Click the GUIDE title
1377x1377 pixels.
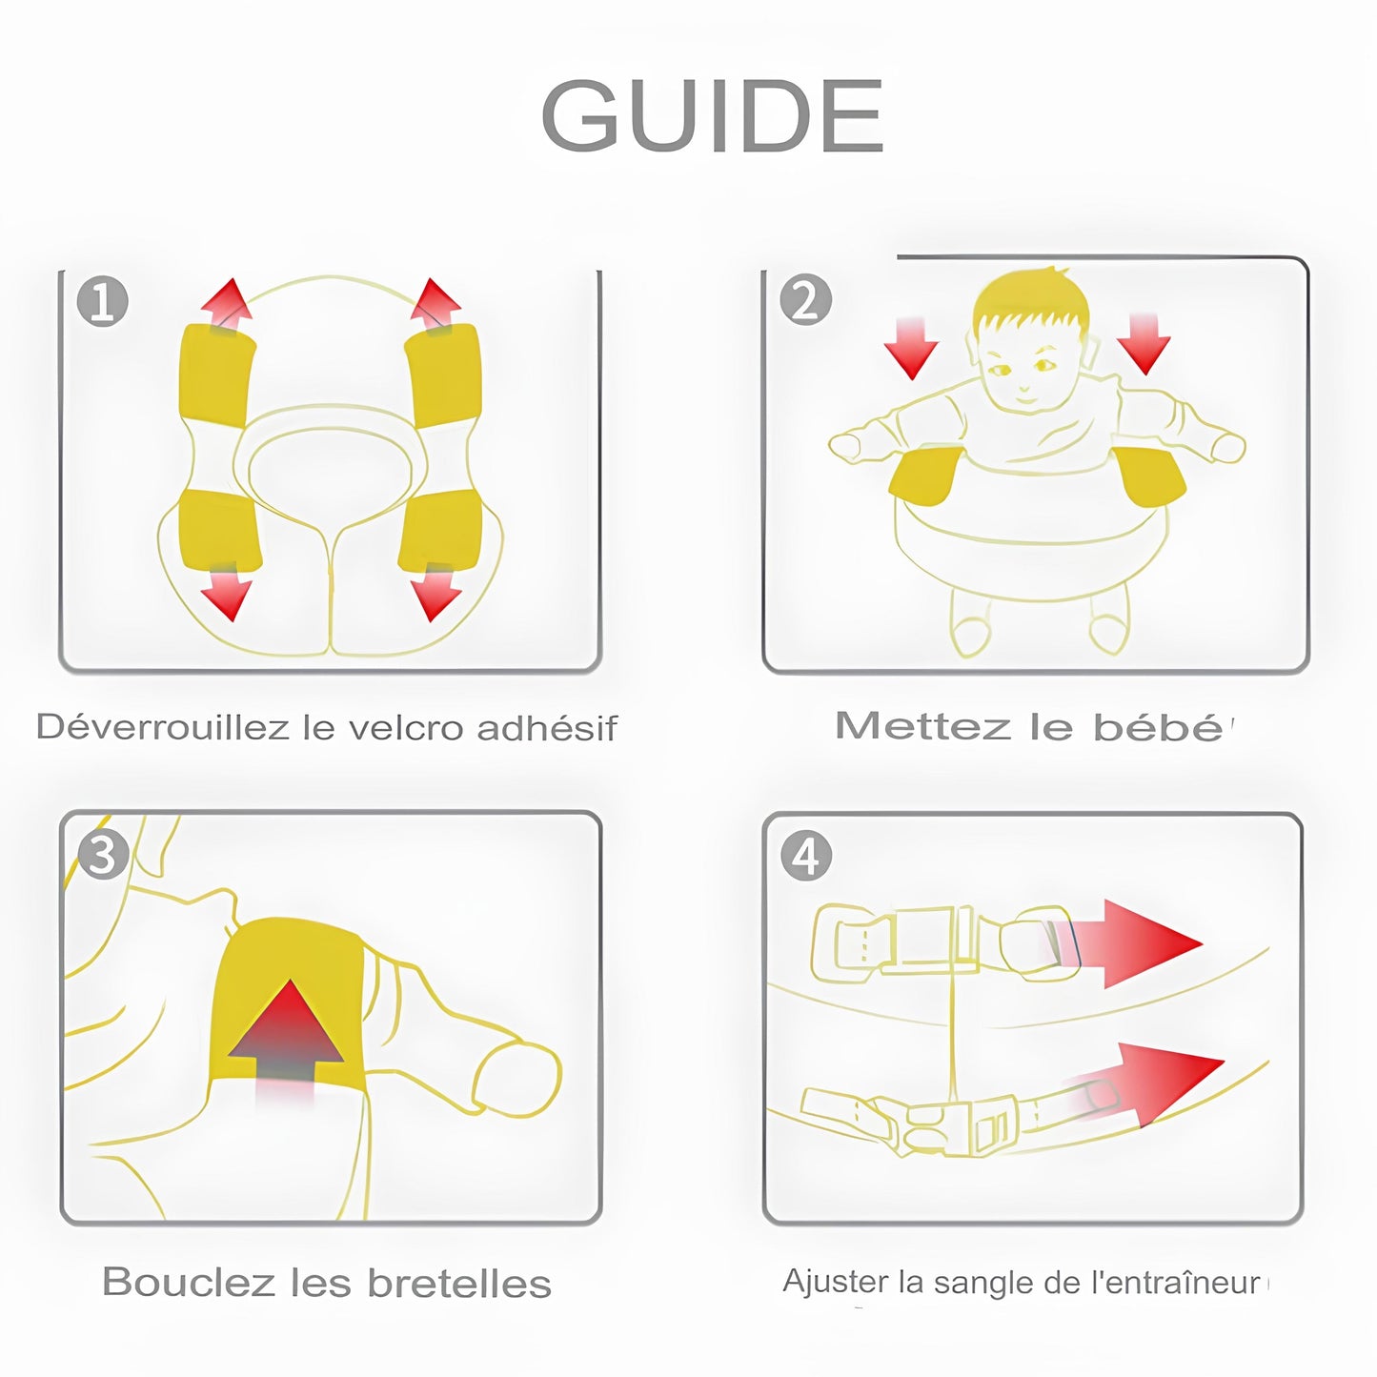coord(713,116)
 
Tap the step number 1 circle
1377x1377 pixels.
coord(102,302)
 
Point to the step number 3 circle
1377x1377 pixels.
coord(103,854)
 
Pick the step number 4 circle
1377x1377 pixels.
coord(806,855)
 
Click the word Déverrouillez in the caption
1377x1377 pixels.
coord(162,728)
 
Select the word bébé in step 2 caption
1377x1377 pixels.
coord(1157,727)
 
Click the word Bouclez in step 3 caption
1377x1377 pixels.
coord(188,1283)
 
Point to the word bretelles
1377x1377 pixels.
coord(459,1284)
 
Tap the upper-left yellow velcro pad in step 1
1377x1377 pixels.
coord(216,374)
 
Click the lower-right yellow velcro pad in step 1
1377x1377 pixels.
coord(437,530)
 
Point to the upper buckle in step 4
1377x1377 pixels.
coord(929,940)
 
